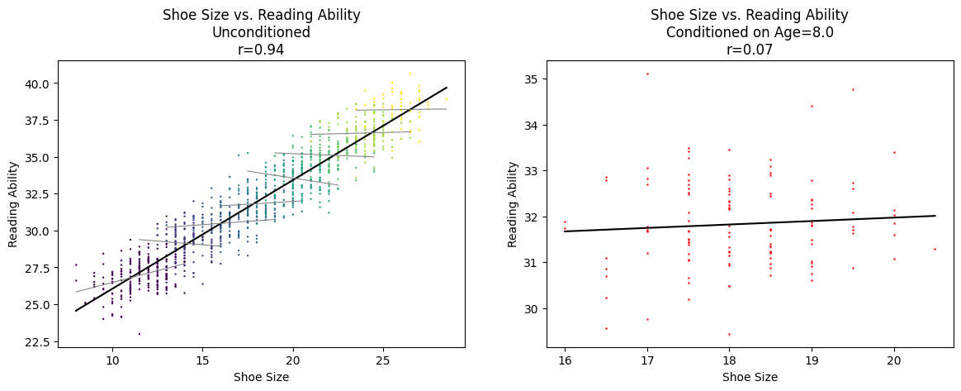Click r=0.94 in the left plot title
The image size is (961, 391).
click(x=261, y=50)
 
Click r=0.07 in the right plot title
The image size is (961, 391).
click(x=749, y=50)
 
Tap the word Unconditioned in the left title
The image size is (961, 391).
click(x=261, y=32)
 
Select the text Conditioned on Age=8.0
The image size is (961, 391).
click(x=749, y=32)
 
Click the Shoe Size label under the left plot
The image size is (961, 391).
click(x=261, y=378)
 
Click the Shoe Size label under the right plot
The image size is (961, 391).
click(x=750, y=378)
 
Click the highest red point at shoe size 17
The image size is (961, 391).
click(x=647, y=74)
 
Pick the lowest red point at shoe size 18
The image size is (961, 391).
click(x=729, y=334)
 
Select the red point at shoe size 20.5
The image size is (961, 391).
click(x=935, y=249)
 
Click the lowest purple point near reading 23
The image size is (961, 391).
click(x=139, y=334)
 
